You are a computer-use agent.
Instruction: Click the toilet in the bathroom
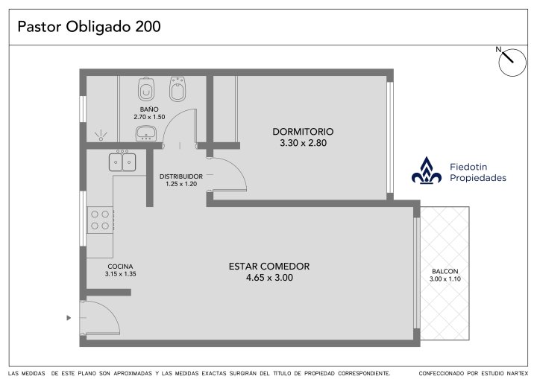[x=146, y=89]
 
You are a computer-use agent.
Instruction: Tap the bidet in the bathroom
[x=178, y=89]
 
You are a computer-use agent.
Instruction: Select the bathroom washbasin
[x=146, y=133]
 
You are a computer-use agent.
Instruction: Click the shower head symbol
[x=101, y=136]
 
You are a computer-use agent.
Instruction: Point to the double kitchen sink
[x=122, y=162]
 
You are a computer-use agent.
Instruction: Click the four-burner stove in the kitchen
[x=100, y=220]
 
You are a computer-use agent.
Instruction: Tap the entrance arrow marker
[x=69, y=318]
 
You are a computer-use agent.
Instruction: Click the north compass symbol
[x=512, y=62]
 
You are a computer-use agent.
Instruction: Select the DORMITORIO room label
[x=303, y=131]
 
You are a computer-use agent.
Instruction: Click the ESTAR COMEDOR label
[x=269, y=266]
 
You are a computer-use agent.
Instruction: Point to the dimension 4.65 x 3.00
[x=269, y=278]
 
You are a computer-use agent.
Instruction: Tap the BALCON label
[x=445, y=271]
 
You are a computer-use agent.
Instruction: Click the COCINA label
[x=120, y=267]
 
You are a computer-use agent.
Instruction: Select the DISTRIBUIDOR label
[x=181, y=176]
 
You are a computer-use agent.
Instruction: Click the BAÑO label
[x=149, y=109]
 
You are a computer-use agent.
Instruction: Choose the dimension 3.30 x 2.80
[x=303, y=143]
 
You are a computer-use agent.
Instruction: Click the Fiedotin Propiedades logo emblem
[x=427, y=171]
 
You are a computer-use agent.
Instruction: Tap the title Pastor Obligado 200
[x=89, y=27]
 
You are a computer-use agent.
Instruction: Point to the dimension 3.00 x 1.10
[x=445, y=278]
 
